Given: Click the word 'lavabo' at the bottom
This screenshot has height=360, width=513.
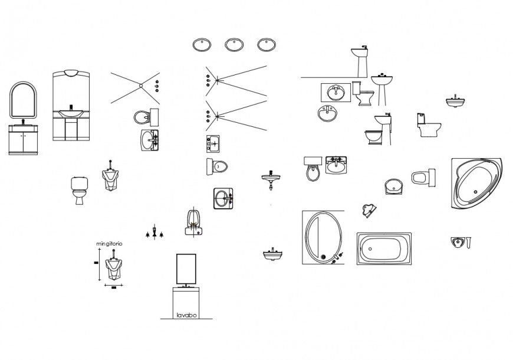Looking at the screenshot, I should point(186,315).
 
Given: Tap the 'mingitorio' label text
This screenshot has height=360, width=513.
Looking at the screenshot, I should point(109,244).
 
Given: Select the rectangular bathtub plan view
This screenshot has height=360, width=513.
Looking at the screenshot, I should point(384,248).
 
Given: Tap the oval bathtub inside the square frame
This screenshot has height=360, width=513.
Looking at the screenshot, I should point(321,238).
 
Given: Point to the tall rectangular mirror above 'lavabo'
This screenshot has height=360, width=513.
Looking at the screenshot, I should point(187,269).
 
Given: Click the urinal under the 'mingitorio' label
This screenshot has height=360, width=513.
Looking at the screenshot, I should point(111,269).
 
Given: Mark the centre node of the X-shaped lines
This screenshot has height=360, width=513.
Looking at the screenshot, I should point(142,86).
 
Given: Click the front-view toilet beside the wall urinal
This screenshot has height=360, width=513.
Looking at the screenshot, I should point(78,189).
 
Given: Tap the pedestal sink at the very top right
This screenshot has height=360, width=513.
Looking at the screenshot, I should point(361,58).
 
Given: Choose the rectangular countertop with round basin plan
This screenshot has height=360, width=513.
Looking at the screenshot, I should point(336,93).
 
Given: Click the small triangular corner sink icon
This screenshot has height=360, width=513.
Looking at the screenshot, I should point(369,210).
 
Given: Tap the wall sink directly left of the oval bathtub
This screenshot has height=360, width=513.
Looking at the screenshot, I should point(272,255).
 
